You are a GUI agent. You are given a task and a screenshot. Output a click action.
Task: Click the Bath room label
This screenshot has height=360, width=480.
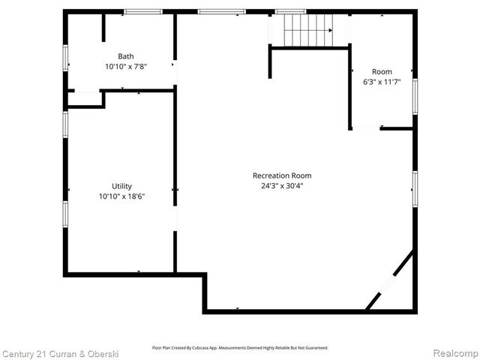[126, 56]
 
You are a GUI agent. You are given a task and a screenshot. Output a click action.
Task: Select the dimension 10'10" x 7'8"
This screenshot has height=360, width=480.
[126, 66]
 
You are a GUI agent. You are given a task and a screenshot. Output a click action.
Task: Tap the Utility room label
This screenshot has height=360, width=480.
[121, 186]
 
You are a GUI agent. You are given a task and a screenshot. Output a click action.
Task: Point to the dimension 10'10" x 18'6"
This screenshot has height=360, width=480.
[121, 196]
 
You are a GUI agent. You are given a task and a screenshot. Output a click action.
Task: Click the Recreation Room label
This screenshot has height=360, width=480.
[281, 175]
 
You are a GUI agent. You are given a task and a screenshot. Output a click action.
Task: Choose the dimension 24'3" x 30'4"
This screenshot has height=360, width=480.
[281, 185]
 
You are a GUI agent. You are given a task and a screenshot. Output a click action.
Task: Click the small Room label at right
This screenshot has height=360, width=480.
[382, 72]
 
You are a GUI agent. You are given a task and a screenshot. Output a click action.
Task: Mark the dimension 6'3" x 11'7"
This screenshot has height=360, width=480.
[382, 82]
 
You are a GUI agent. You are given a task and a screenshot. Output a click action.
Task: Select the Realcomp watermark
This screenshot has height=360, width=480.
[452, 353]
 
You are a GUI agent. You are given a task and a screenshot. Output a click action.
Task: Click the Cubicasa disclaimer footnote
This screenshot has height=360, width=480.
[240, 347]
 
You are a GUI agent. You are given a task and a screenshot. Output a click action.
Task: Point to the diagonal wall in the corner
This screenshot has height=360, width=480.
[390, 280]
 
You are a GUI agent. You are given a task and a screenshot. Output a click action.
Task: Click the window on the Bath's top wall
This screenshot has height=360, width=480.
[143, 11]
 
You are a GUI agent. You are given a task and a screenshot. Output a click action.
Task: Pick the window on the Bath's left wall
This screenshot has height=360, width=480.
[66, 58]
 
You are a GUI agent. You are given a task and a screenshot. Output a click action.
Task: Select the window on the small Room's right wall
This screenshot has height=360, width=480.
[415, 97]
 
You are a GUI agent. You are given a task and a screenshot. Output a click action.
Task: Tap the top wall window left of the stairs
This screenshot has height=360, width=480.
[221, 11]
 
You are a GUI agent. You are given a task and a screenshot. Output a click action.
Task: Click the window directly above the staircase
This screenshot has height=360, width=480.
[290, 11]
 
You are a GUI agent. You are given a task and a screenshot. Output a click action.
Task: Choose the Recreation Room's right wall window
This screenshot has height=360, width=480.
[415, 188]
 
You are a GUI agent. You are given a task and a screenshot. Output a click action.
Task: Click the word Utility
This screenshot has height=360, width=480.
[121, 186]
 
